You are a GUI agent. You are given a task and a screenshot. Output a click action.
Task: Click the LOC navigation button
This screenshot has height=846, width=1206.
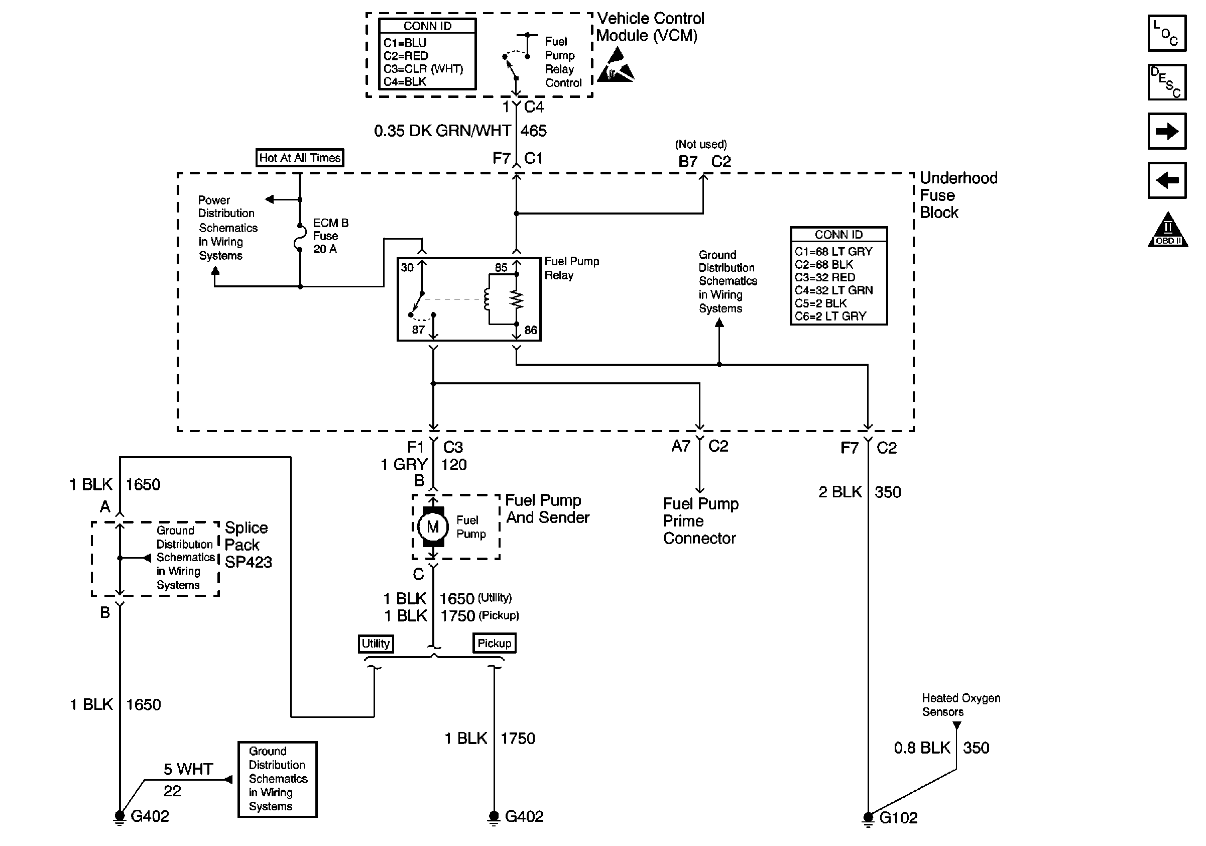pyautogui.click(x=1167, y=34)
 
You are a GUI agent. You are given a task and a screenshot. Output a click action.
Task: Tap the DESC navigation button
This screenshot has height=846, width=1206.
pyautogui.click(x=1167, y=82)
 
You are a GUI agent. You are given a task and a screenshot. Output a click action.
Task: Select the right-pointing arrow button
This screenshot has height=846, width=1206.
pyautogui.click(x=1167, y=131)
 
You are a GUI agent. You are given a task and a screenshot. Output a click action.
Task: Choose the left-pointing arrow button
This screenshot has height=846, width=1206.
pyautogui.click(x=1167, y=180)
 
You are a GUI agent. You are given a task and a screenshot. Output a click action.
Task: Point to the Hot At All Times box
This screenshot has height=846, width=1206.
pyautogui.click(x=300, y=158)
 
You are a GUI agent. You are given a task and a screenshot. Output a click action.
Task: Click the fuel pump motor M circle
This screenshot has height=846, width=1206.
pyautogui.click(x=433, y=527)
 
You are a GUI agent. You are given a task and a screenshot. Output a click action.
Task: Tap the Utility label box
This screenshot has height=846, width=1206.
pyautogui.click(x=376, y=643)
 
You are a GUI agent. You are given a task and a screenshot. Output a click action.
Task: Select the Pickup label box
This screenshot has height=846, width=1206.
pyautogui.click(x=494, y=643)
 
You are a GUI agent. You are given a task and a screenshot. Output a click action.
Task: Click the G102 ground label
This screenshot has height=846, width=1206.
pyautogui.click(x=898, y=818)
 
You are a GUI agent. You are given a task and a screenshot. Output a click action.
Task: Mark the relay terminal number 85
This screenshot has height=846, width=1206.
pyautogui.click(x=501, y=267)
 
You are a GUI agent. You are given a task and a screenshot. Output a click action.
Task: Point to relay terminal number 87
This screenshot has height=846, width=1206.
pyautogui.click(x=418, y=330)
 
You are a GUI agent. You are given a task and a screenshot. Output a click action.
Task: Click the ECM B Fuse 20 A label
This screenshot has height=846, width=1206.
pyautogui.click(x=330, y=236)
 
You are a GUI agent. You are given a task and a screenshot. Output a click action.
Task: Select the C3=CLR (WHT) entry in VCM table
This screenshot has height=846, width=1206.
pyautogui.click(x=423, y=69)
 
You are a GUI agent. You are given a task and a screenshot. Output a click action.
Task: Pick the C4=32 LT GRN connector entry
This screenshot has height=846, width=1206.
pyautogui.click(x=833, y=290)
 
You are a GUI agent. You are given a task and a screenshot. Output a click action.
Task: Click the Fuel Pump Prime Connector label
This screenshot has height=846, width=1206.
pyautogui.click(x=700, y=521)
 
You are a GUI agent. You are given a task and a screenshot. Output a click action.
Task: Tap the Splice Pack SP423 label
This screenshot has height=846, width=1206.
pyautogui.click(x=248, y=545)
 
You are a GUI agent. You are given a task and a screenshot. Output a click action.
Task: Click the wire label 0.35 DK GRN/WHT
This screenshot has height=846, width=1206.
pyautogui.click(x=442, y=131)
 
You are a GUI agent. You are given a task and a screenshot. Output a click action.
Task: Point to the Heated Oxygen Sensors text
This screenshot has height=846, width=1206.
pyautogui.click(x=960, y=705)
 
